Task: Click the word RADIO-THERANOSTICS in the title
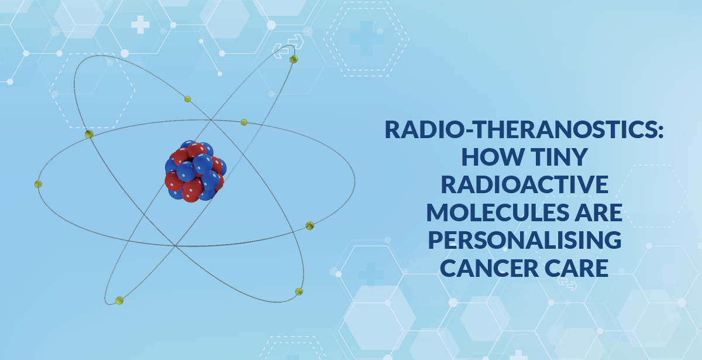click(x=521, y=129)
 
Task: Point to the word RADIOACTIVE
click(x=525, y=185)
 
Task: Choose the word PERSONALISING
click(x=525, y=240)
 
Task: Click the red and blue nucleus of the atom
click(x=195, y=171)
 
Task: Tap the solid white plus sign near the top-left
click(x=140, y=25)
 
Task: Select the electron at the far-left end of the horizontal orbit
click(x=38, y=184)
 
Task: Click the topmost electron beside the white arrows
click(x=294, y=59)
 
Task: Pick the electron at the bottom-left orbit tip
click(x=119, y=301)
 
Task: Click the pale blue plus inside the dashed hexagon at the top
click(x=366, y=39)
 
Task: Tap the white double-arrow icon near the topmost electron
click(x=288, y=46)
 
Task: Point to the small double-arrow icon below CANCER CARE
click(x=567, y=283)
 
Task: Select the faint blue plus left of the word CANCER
click(x=371, y=275)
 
